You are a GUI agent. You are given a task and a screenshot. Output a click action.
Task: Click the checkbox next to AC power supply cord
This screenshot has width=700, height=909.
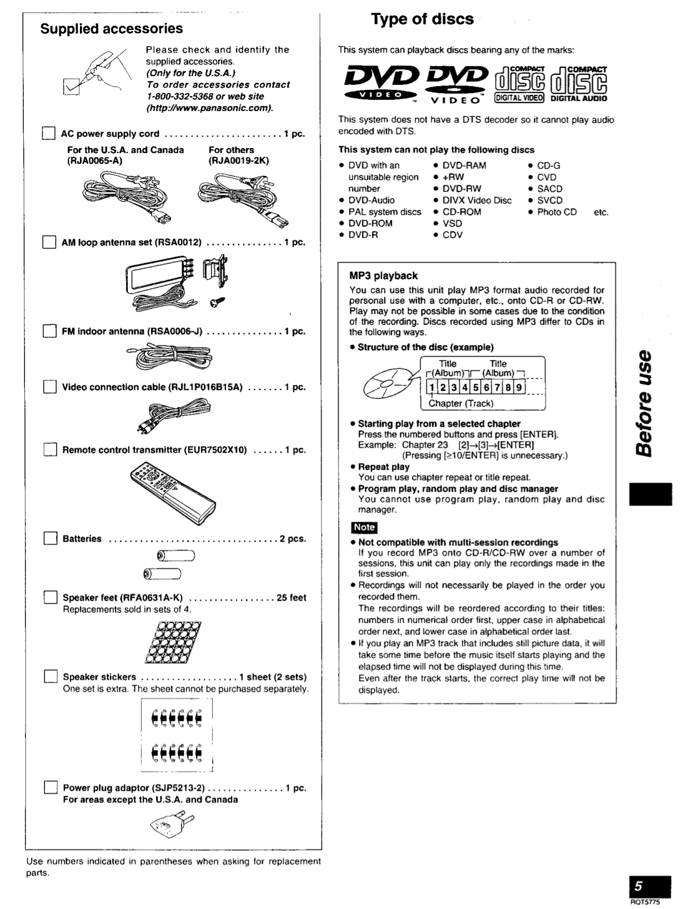[x=49, y=134]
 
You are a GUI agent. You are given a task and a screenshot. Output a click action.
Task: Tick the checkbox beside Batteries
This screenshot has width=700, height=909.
[x=51, y=539]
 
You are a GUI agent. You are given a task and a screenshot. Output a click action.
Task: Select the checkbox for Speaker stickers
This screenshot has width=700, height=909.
[x=51, y=677]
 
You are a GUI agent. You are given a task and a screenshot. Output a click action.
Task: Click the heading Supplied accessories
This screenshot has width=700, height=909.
[x=111, y=29]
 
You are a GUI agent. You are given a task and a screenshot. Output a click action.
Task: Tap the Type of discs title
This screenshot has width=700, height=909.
[x=422, y=19]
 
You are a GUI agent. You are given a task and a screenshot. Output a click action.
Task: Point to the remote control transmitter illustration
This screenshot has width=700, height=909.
[x=173, y=487]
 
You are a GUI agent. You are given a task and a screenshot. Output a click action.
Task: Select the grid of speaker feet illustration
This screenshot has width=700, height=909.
[x=173, y=642]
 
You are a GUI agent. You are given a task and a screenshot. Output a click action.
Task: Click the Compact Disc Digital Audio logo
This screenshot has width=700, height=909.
[x=579, y=84]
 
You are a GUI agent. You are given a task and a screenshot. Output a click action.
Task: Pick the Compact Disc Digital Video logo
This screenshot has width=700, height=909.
[x=520, y=84]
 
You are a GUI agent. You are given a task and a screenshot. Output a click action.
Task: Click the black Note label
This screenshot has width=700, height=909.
[x=364, y=527]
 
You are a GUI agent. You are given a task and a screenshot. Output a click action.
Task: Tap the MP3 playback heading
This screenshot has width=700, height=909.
[x=383, y=276]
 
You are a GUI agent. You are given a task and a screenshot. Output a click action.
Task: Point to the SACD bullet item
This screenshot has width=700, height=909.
[x=549, y=189]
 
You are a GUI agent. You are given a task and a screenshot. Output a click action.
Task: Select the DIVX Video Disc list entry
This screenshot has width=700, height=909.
[x=476, y=200]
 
